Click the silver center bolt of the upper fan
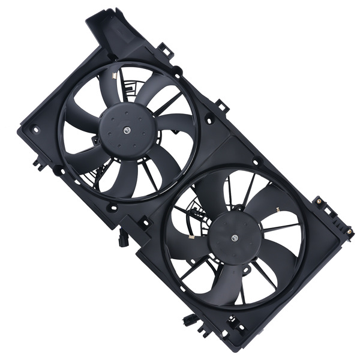point(127,128)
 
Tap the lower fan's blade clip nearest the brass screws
point(279,210)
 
